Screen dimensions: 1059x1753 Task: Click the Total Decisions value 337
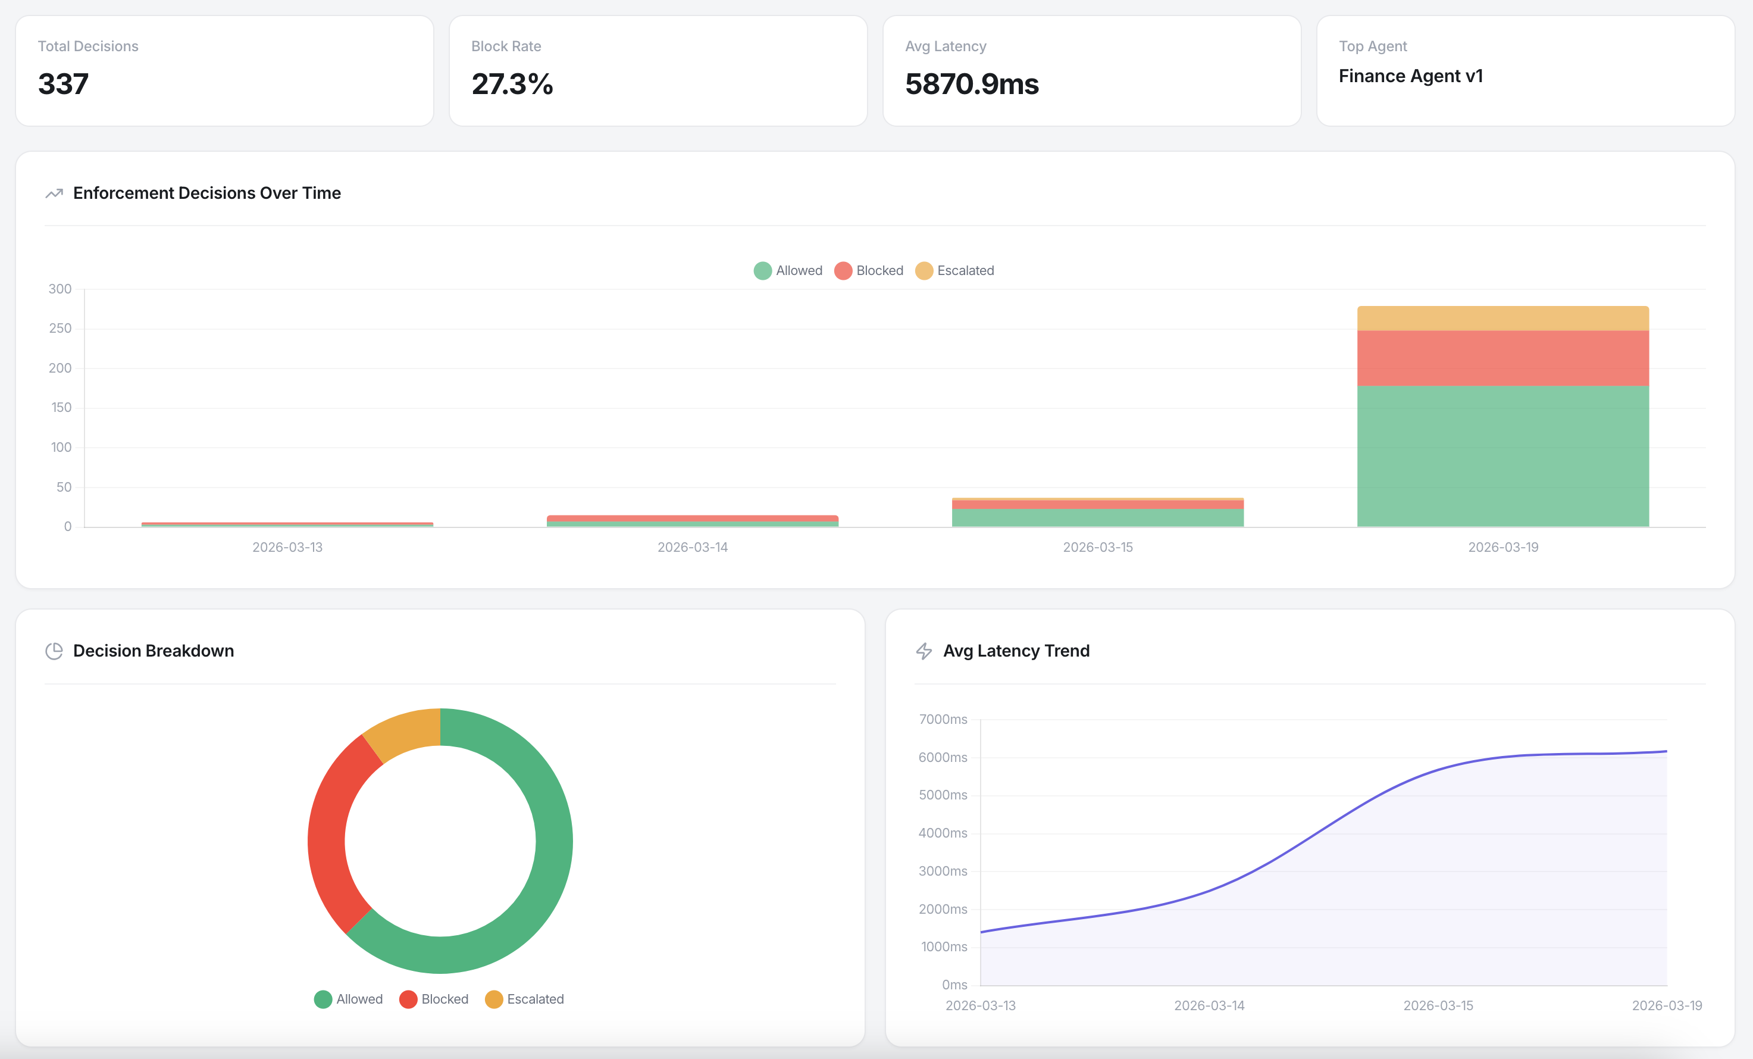click(63, 84)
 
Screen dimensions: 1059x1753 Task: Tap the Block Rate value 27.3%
click(512, 84)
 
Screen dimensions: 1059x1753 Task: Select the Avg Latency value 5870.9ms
click(972, 84)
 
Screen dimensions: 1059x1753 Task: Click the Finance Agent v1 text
click(1410, 76)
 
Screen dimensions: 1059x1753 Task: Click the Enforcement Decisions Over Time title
click(206, 193)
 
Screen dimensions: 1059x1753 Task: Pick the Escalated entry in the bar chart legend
click(955, 270)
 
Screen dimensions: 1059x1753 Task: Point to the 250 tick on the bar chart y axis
click(61, 328)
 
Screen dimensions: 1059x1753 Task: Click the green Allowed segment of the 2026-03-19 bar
click(1502, 455)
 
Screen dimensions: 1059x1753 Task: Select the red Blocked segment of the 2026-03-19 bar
click(1502, 358)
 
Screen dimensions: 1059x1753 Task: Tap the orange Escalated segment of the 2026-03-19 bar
click(1502, 318)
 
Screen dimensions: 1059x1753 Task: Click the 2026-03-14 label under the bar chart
click(692, 547)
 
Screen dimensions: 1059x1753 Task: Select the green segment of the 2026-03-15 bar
click(1097, 517)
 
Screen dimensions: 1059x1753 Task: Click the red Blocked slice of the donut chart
click(334, 840)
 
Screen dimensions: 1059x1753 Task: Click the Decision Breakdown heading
click(153, 651)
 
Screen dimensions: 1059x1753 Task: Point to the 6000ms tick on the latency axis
click(942, 757)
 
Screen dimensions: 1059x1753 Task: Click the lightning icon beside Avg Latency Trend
click(924, 651)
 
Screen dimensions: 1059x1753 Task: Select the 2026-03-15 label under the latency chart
click(1438, 1005)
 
